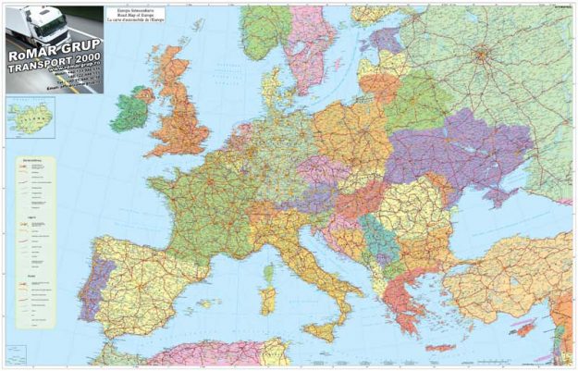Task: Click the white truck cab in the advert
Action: coord(28,28)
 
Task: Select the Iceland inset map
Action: coord(30,117)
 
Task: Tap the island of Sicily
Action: coord(319,328)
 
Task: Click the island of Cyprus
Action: coord(524,328)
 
